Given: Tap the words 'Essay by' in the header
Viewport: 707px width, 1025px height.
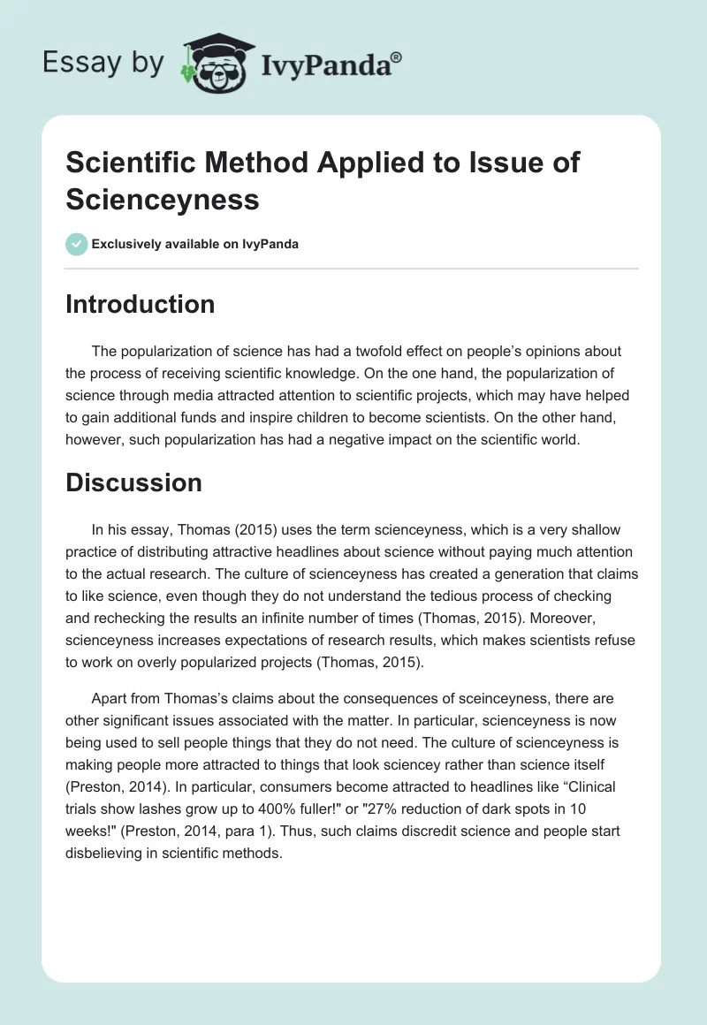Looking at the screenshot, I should click(x=103, y=63).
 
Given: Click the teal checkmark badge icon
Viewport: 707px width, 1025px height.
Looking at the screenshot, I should click(x=77, y=244).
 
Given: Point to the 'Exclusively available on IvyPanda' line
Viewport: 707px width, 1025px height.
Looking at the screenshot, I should click(x=195, y=245).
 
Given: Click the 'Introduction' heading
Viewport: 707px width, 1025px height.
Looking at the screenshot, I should click(x=141, y=304).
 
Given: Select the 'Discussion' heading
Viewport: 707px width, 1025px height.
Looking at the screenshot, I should click(x=133, y=482).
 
